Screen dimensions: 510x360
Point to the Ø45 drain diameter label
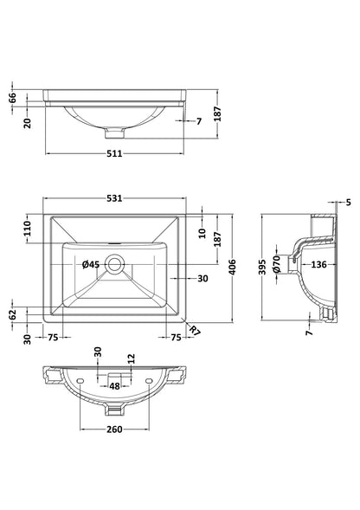[x=91, y=264]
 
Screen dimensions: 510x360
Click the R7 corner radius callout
[x=194, y=330]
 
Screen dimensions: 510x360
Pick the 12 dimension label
[x=132, y=358]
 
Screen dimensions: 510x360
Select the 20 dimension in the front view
[x=27, y=124]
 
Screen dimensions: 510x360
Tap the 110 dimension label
[x=27, y=229]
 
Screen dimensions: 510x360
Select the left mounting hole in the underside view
[x=80, y=381]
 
